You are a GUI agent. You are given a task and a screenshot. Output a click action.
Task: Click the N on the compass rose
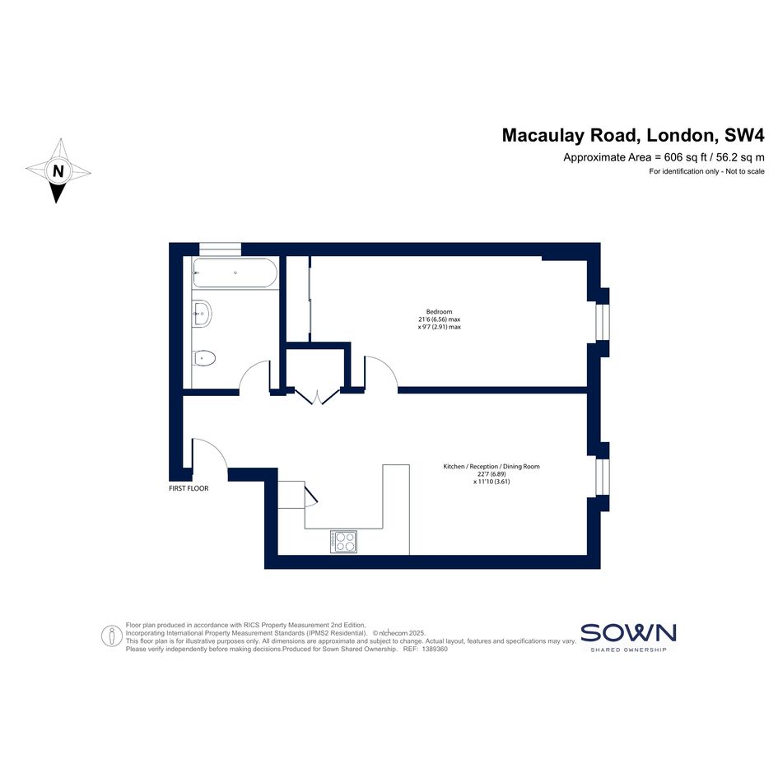tap(58, 171)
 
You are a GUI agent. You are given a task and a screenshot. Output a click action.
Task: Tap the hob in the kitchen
tap(343, 542)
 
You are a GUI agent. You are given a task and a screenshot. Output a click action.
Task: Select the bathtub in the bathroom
tap(235, 273)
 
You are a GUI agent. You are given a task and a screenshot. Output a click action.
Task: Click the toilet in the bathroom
tap(204, 358)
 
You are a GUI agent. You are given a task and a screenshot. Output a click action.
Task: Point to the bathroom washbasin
tap(202, 313)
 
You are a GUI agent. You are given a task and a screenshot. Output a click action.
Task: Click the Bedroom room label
tap(439, 311)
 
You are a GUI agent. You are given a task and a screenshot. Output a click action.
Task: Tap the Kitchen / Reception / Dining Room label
tap(491, 467)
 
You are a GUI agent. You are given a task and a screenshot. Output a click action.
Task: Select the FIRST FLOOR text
tap(189, 488)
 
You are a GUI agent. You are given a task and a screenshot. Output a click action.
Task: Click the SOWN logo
tap(628, 637)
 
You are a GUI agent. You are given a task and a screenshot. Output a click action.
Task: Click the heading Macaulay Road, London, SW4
tap(633, 135)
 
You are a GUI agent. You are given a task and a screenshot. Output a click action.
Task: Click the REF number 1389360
tap(435, 649)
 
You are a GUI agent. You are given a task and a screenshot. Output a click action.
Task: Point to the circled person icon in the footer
tap(112, 636)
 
